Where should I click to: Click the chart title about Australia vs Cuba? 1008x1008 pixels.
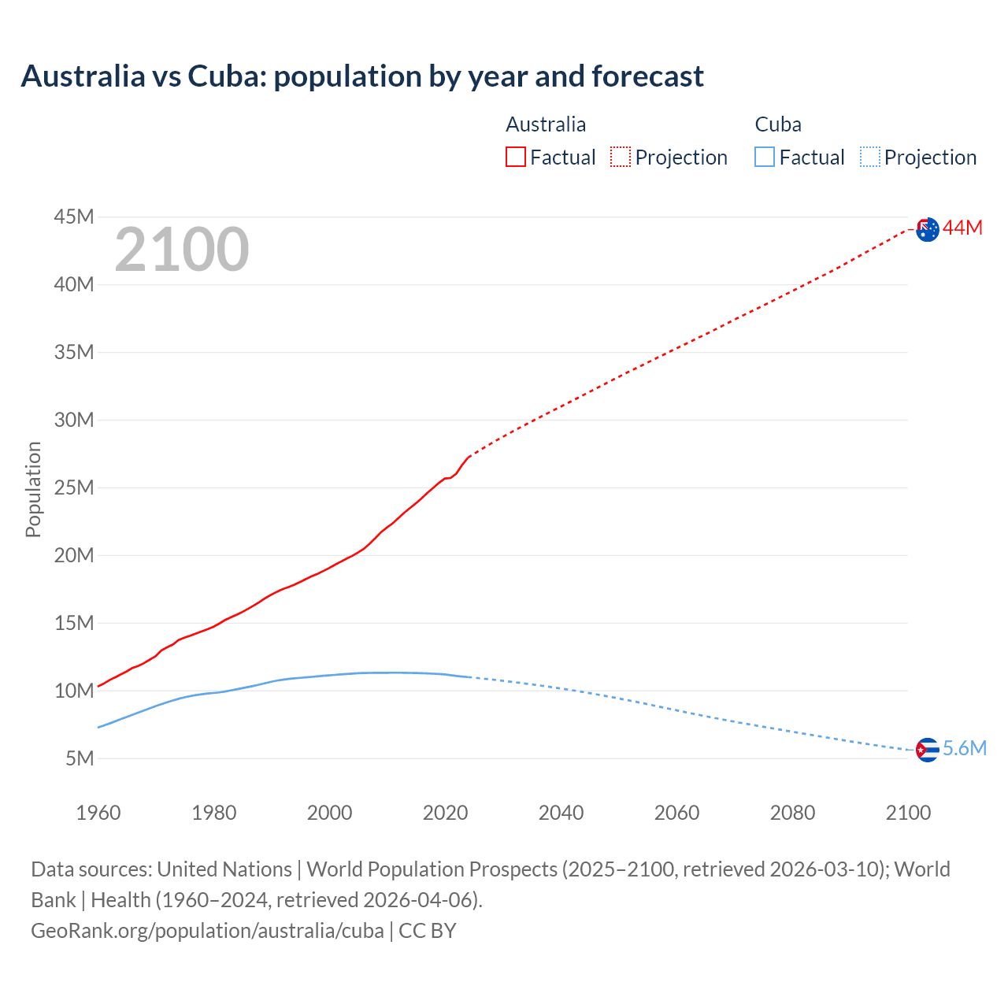click(362, 76)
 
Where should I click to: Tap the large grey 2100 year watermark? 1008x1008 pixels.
click(182, 250)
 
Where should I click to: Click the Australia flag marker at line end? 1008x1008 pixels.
click(928, 229)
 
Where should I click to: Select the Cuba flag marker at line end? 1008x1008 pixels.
click(928, 750)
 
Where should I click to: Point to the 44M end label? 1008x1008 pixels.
click(962, 228)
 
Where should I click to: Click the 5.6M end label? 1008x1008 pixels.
click(964, 748)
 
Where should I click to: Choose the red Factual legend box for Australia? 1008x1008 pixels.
click(516, 157)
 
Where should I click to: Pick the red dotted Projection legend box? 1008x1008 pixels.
click(621, 157)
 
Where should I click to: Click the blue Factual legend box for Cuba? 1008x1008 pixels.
click(765, 157)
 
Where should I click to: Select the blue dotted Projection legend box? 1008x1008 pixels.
click(869, 157)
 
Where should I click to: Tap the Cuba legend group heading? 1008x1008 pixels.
click(778, 124)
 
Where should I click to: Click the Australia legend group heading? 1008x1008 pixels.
click(546, 124)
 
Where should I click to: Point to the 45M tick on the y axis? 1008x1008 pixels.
click(74, 217)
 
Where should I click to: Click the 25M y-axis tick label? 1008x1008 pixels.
click(74, 487)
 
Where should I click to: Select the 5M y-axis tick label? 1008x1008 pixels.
click(80, 758)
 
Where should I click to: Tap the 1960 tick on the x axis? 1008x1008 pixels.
click(98, 813)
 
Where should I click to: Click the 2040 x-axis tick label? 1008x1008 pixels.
click(561, 813)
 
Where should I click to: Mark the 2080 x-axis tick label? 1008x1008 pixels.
click(792, 813)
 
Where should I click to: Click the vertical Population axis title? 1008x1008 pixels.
click(33, 489)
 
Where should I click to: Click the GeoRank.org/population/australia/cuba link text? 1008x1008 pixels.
click(207, 931)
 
